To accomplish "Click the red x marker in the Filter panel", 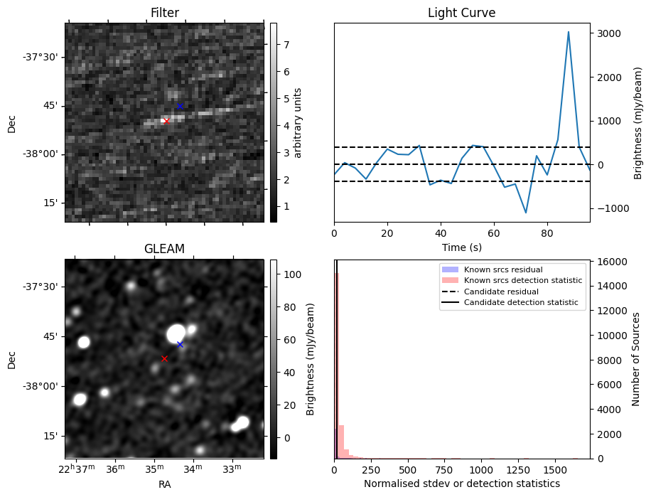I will click(x=166, y=121).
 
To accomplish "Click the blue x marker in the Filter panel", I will click(x=180, y=106).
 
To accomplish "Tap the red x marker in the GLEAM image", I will click(x=164, y=358).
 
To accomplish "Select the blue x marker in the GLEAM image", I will click(x=180, y=344).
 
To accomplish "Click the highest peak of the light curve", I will click(x=569, y=32).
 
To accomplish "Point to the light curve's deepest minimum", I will click(x=526, y=213).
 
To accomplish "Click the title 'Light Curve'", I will click(x=461, y=13).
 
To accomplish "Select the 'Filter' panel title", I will click(x=164, y=13).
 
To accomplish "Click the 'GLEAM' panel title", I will click(x=164, y=249).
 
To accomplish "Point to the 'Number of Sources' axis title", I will click(x=637, y=358).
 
